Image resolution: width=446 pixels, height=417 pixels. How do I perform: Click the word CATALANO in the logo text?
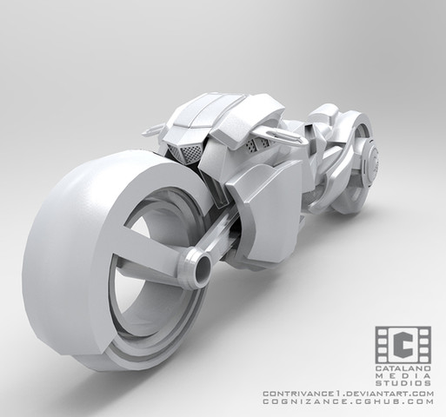click(403, 368)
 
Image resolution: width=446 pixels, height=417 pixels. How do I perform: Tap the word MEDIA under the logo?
click(403, 376)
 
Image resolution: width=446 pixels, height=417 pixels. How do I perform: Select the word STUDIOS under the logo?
click(403, 383)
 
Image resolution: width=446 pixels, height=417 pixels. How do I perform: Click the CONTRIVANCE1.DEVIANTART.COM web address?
click(349, 394)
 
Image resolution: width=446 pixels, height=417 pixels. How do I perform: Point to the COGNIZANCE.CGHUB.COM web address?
click(349, 401)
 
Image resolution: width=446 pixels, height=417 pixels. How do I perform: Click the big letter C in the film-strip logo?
click(403, 345)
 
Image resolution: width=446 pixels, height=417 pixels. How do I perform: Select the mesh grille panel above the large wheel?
click(185, 154)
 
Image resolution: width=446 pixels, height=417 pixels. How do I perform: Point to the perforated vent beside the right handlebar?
click(257, 146)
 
